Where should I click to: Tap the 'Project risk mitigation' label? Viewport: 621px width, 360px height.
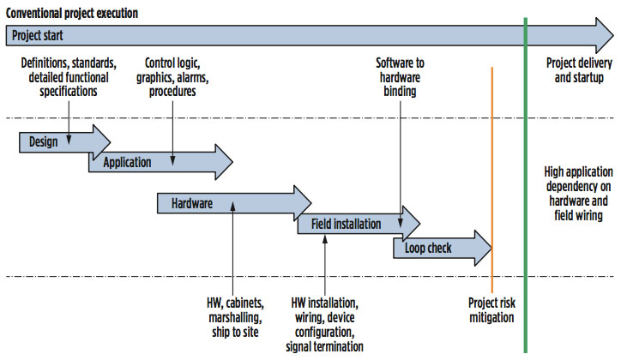(491, 310)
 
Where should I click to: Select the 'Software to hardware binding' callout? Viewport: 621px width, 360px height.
(400, 77)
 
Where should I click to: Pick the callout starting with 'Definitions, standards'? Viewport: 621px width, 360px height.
(68, 77)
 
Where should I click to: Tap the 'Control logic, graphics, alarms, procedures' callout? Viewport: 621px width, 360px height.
(172, 77)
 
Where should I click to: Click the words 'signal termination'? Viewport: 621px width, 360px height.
(325, 345)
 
